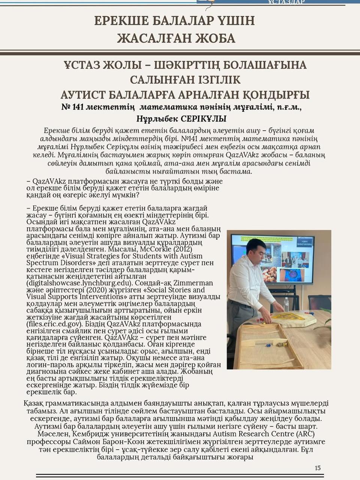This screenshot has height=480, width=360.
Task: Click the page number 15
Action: [x=318, y=468]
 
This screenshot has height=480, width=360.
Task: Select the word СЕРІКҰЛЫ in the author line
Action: [x=204, y=119]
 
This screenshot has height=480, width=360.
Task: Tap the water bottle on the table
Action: [x=286, y=304]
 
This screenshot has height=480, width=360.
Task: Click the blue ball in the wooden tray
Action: [x=268, y=345]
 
